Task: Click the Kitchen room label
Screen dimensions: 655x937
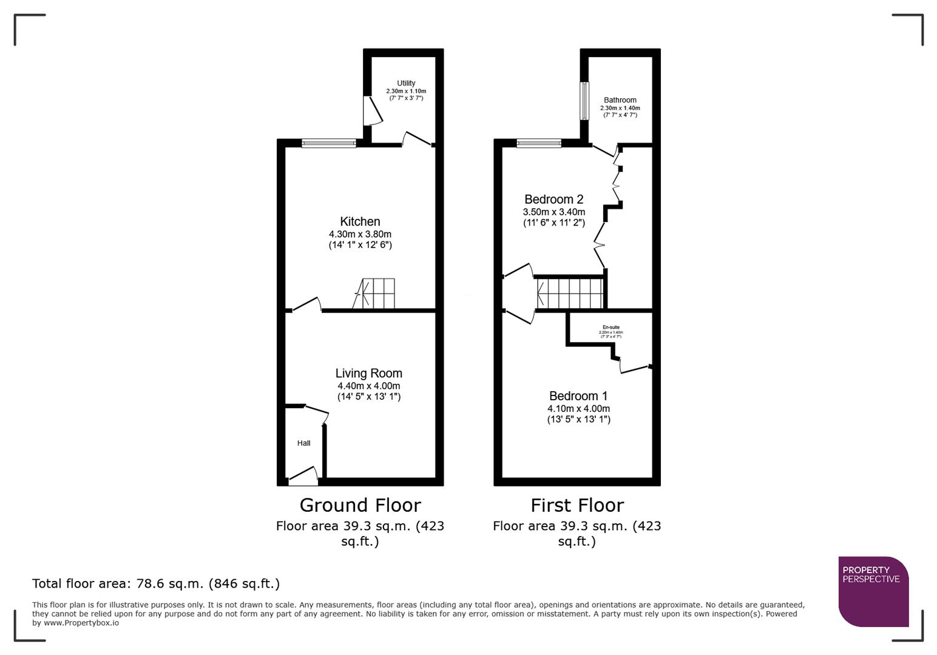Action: pyautogui.click(x=360, y=222)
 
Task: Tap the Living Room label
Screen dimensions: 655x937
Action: pyautogui.click(x=368, y=374)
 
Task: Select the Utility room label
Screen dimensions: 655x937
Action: pyautogui.click(x=406, y=83)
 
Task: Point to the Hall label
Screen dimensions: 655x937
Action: pyautogui.click(x=303, y=443)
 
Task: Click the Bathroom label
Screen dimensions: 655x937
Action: pyautogui.click(x=620, y=100)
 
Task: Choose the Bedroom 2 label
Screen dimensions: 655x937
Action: pyautogui.click(x=553, y=200)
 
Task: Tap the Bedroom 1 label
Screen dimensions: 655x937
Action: pyautogui.click(x=578, y=396)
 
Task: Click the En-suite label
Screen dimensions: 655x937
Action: pyautogui.click(x=611, y=327)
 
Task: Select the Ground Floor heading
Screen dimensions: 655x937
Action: pyautogui.click(x=360, y=505)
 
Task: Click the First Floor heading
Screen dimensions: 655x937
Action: pyautogui.click(x=577, y=505)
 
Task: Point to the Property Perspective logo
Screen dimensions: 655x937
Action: pyautogui.click(x=873, y=591)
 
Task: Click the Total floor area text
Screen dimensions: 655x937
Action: pyautogui.click(x=156, y=583)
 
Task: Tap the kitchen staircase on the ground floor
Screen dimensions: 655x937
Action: pyautogui.click(x=375, y=294)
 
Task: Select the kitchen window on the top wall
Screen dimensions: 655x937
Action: pyautogui.click(x=329, y=144)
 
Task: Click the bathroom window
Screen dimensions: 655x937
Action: pyautogui.click(x=584, y=101)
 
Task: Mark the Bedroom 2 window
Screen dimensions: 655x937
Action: pyautogui.click(x=539, y=144)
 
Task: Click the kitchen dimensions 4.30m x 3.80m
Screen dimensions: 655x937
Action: pyautogui.click(x=360, y=234)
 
